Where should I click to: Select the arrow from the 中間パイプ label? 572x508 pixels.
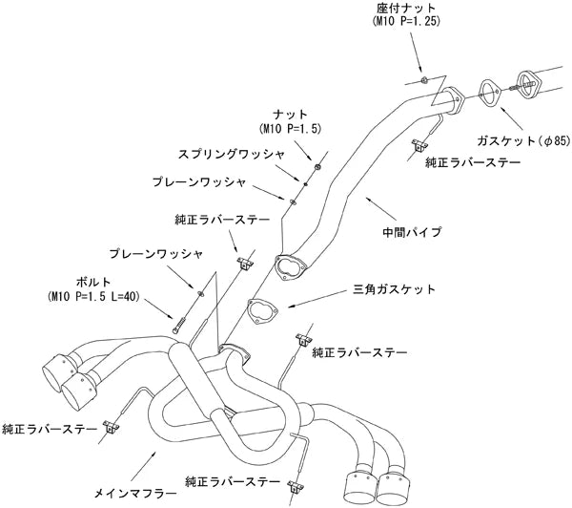(378, 211)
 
